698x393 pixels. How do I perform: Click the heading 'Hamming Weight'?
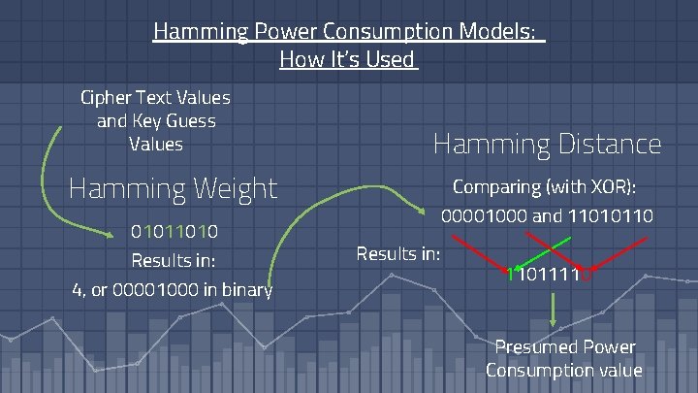173,187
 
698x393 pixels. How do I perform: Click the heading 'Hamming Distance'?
547,145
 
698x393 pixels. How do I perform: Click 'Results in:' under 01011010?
173,260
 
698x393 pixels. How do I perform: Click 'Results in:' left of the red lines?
398,253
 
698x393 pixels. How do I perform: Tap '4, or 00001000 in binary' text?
173,288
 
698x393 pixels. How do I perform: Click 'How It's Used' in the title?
347,59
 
